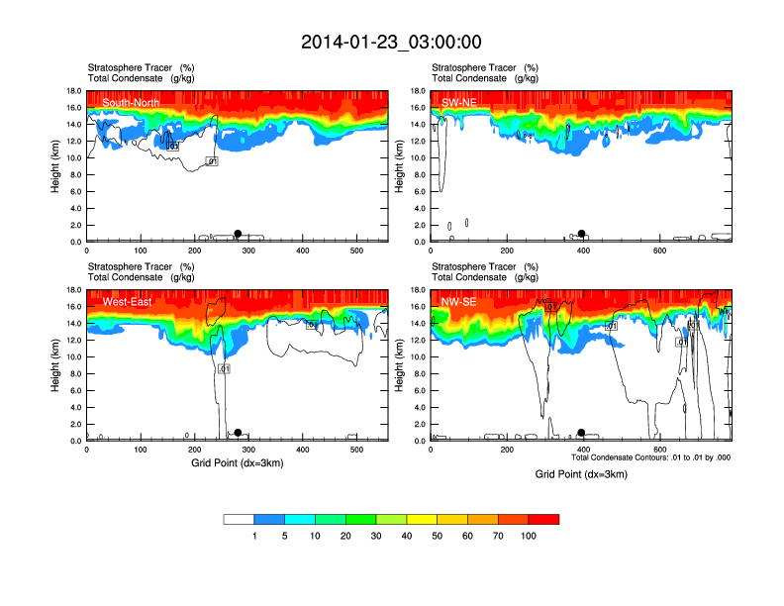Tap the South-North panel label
point(131,102)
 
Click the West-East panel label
point(127,301)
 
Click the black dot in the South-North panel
point(238,234)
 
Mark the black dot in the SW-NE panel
point(582,234)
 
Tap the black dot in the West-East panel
point(238,433)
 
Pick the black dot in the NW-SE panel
point(582,433)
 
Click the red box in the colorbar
point(543,519)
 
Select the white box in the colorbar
point(239,519)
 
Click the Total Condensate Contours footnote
point(650,457)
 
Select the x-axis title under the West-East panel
point(238,462)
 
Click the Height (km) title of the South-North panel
point(55,166)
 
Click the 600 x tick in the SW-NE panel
point(659,252)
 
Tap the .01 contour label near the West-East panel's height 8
point(224,368)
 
